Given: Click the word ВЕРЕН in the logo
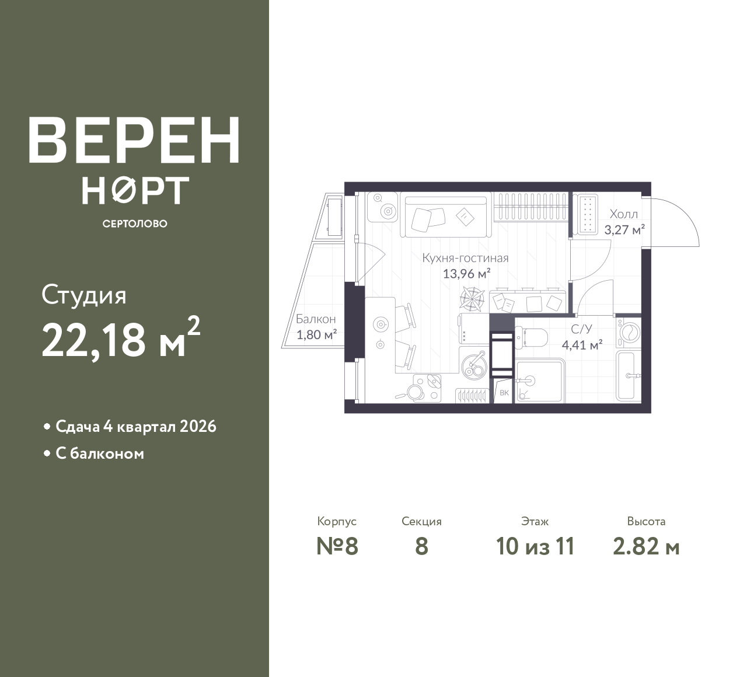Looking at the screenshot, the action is (x=134, y=140).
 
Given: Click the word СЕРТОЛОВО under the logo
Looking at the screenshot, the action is (x=135, y=224).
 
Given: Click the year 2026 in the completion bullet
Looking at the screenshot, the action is (x=198, y=427).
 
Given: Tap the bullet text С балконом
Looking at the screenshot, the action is (x=100, y=453).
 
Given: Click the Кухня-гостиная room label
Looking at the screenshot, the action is (x=465, y=258).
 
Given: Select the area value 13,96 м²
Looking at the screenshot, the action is (x=466, y=274).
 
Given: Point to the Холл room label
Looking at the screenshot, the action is (x=624, y=214).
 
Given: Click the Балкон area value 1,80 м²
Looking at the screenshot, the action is (x=316, y=334).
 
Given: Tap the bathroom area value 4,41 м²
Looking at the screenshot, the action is (x=582, y=345).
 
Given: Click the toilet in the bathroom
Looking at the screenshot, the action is (x=532, y=338).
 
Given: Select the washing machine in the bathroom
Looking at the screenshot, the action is (x=629, y=332).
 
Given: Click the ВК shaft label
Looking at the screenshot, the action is (x=504, y=393).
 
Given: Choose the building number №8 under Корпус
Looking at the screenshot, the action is (x=337, y=546).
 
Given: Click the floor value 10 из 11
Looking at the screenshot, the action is (x=535, y=546).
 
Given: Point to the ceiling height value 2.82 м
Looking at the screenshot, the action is (x=646, y=546).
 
